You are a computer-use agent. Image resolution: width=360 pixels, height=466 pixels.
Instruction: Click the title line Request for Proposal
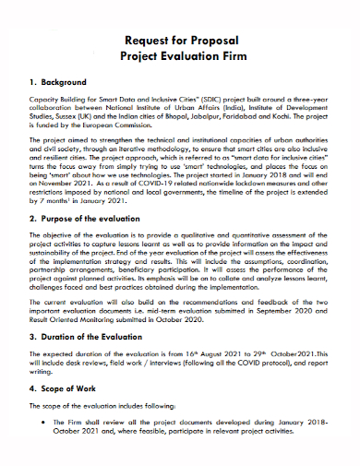click(x=180, y=40)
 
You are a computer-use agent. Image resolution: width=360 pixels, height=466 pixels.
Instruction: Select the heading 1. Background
click(x=58, y=83)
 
